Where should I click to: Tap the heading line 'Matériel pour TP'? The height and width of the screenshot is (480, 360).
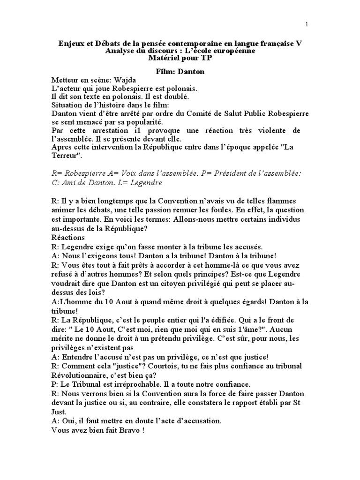(x=180, y=59)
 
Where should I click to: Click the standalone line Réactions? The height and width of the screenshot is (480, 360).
(x=68, y=238)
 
